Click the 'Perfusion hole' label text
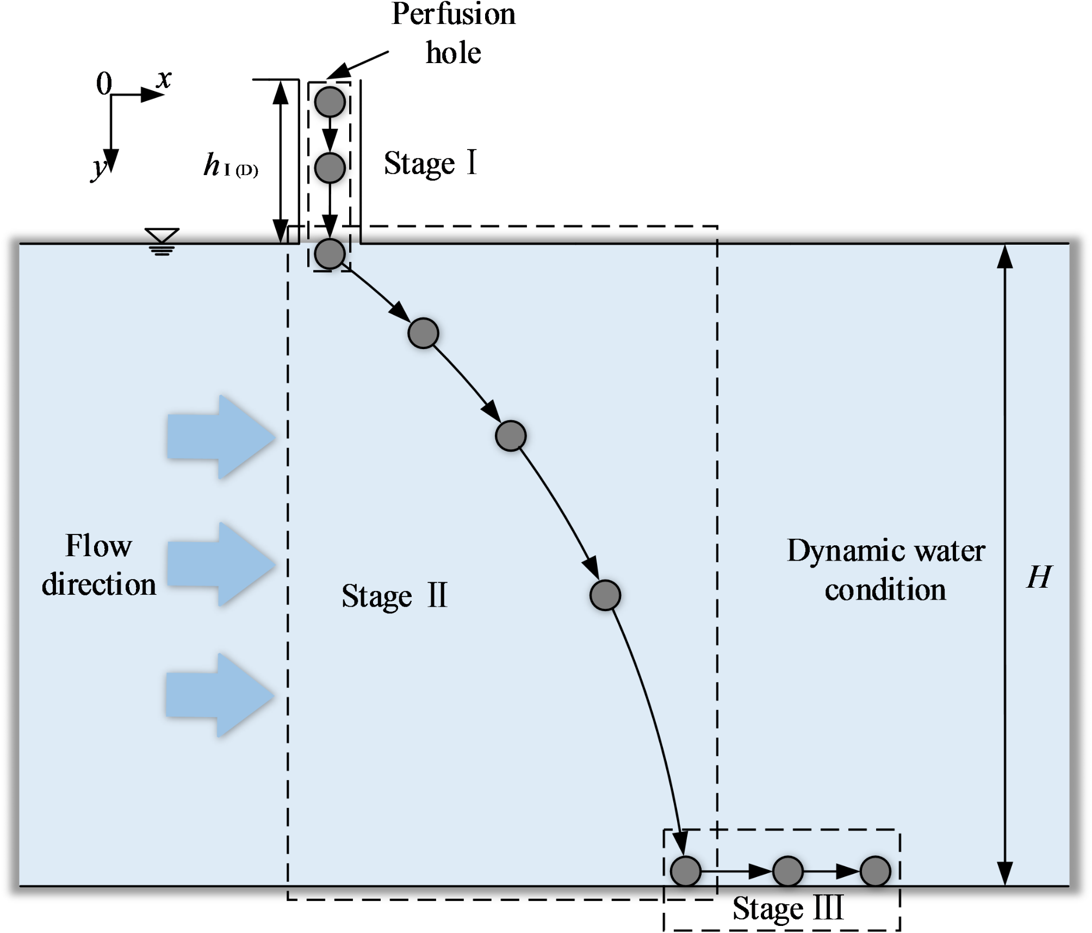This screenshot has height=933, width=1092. point(453,34)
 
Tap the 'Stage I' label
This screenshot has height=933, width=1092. point(430,163)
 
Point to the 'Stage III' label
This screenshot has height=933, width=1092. point(787,908)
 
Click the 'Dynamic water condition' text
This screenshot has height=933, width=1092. point(885,570)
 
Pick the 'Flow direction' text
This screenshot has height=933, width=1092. point(99,565)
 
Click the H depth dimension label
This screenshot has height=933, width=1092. point(1039,577)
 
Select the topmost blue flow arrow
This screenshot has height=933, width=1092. point(220,437)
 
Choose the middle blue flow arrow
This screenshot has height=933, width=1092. point(220,564)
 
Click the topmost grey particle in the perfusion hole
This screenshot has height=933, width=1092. point(330,102)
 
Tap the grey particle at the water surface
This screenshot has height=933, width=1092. point(330,253)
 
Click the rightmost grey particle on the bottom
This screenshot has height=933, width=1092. point(875,871)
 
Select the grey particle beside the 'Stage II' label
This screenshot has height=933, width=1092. point(605,595)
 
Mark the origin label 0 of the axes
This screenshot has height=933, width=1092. point(104,84)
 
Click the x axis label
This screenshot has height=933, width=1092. point(163,79)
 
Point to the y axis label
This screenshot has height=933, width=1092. point(100,167)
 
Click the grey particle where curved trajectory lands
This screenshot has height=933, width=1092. point(685,871)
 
